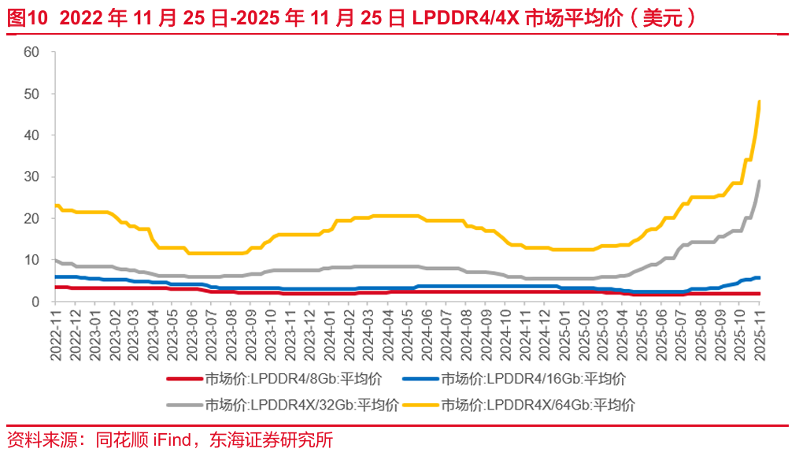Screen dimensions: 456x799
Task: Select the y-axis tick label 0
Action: [35, 302]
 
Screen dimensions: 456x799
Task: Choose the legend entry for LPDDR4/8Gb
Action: [293, 380]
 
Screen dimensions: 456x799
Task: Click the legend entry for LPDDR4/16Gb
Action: [532, 380]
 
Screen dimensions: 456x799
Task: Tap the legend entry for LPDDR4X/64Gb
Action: [537, 406]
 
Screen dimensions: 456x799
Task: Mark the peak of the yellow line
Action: [760, 102]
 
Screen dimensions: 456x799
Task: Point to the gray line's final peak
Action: [760, 181]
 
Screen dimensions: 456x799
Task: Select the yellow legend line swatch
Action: [420, 406]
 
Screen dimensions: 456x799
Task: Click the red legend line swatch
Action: [184, 380]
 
